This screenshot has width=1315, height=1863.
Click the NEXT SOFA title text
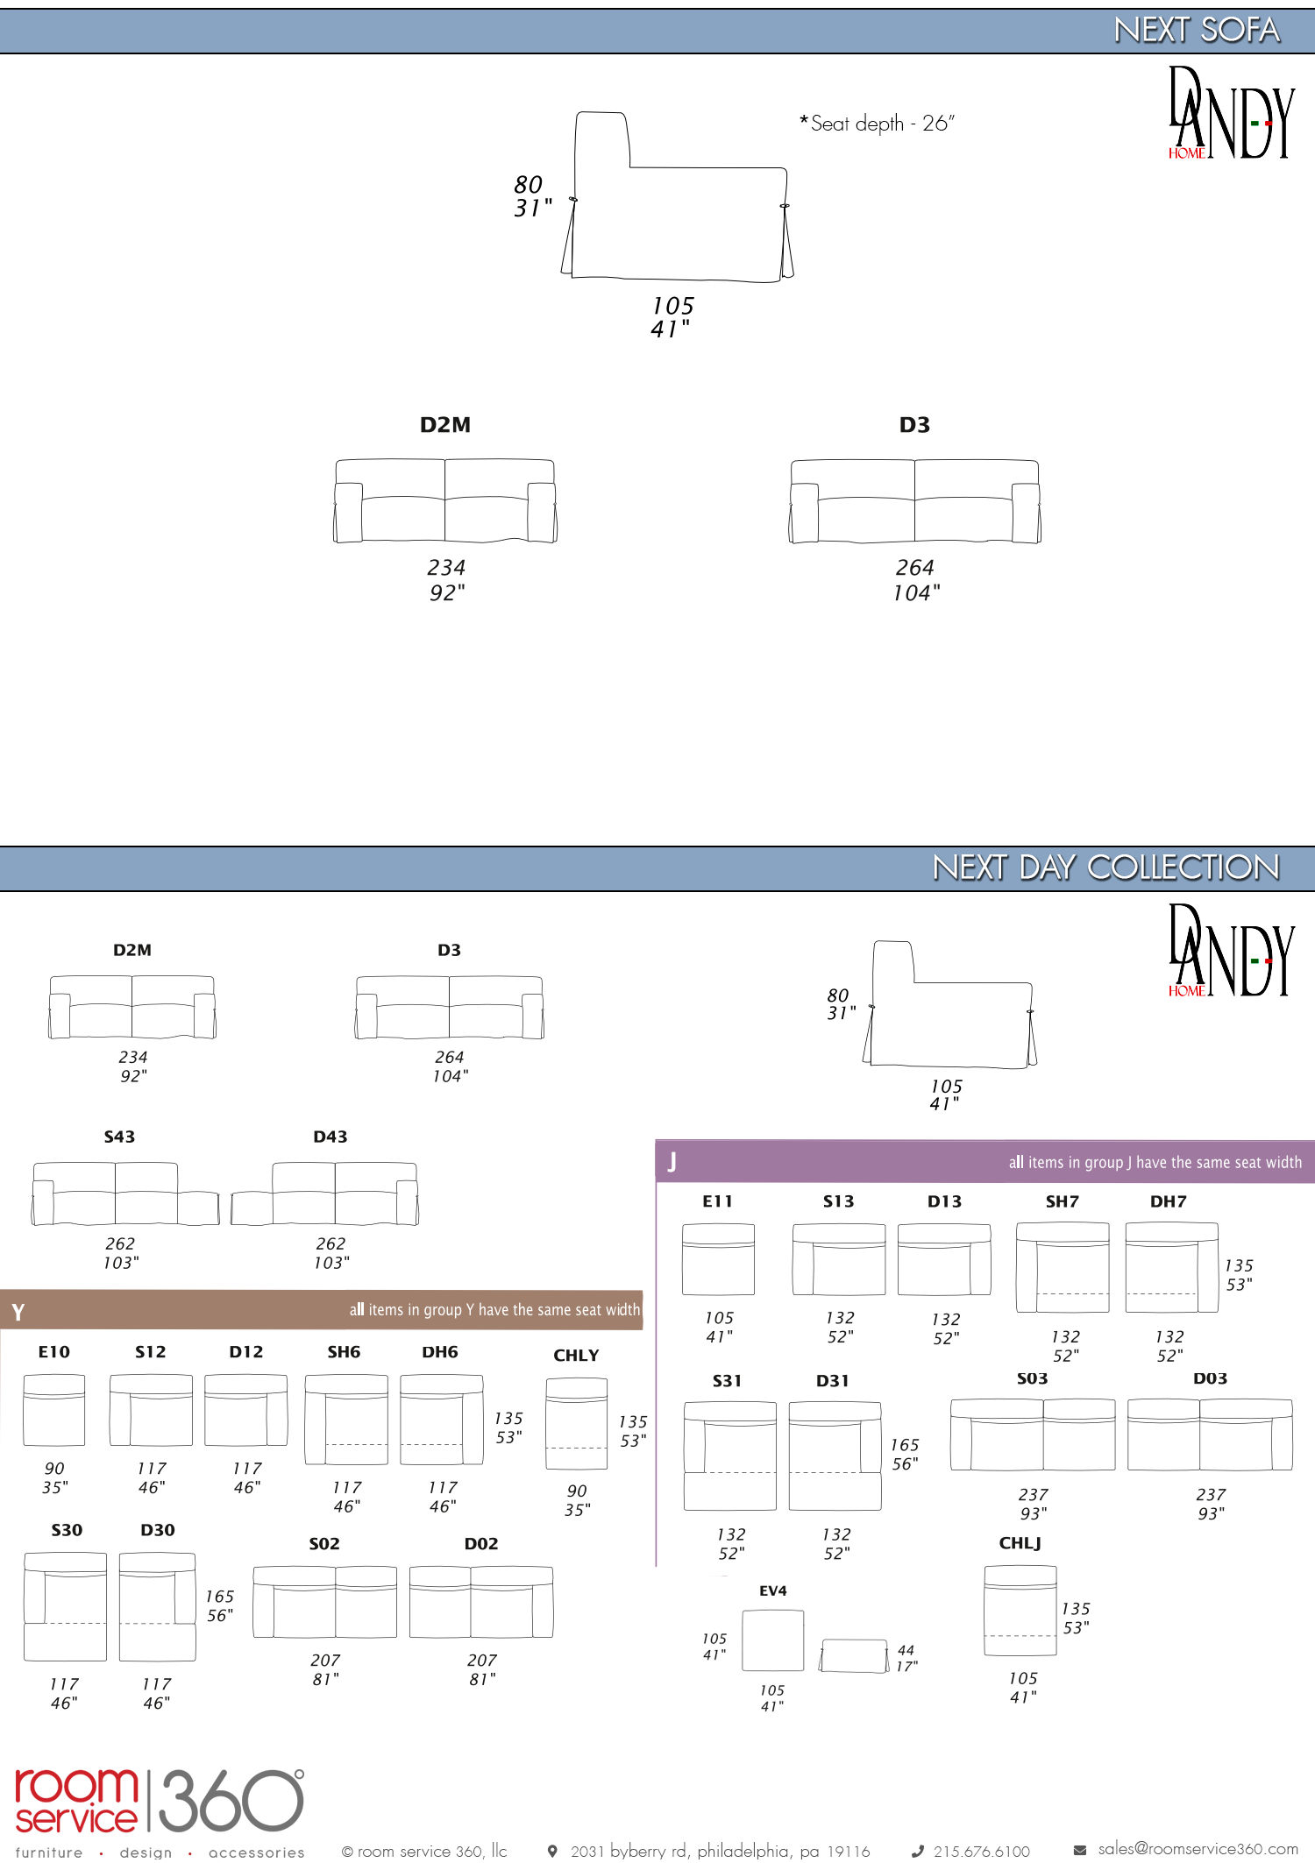point(1197,31)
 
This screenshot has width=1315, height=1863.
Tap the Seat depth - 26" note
point(877,124)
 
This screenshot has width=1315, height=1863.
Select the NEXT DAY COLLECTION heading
point(1106,868)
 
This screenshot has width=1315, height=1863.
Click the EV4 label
point(773,1590)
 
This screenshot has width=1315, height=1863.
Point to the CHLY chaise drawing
point(577,1424)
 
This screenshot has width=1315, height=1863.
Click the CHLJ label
point(1020,1543)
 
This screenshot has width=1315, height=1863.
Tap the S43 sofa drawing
point(125,1194)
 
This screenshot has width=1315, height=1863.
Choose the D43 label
point(331,1137)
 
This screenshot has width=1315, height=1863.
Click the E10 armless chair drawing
point(54,1410)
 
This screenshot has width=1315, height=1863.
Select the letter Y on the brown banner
point(18,1312)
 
